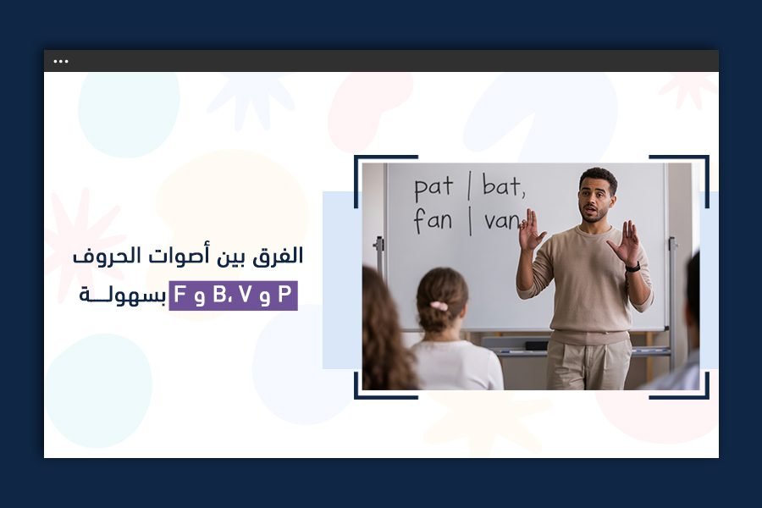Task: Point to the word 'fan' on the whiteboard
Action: click(x=433, y=221)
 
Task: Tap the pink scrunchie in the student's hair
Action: click(x=439, y=306)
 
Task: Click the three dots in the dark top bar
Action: click(x=61, y=61)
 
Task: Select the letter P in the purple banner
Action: click(x=284, y=296)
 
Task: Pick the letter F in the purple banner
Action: click(x=180, y=296)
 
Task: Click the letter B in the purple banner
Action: click(x=222, y=296)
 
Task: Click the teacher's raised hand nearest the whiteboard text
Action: click(x=531, y=231)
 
